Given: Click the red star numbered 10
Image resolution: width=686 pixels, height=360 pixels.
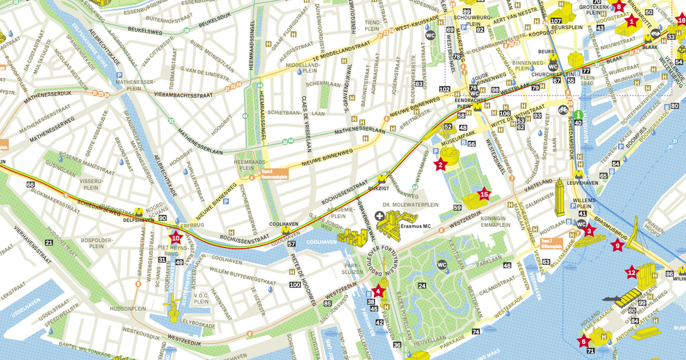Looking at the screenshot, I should coord(176,238).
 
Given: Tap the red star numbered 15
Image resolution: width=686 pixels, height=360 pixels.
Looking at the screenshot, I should coord(484,194).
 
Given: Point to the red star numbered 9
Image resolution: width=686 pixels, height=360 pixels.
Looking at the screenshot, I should coord(617,246).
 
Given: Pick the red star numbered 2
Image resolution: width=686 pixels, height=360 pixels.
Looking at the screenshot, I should coord(440,166).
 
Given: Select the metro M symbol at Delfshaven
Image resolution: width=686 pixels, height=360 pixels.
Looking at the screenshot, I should coord(139,211).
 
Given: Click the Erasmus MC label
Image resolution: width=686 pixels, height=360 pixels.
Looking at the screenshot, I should coord(415,226).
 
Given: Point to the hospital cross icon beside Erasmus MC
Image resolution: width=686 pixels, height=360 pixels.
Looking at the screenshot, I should coord(379,215).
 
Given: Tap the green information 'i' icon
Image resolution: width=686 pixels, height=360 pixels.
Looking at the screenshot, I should coord(579,114).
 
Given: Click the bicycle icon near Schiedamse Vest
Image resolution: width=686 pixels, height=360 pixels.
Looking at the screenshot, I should coord(563,109).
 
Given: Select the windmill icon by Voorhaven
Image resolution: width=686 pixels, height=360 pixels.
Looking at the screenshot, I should coord(171,303).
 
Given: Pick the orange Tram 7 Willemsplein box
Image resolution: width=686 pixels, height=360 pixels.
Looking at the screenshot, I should coord(551,245).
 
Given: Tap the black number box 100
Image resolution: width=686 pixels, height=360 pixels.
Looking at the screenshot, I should coord(295,285).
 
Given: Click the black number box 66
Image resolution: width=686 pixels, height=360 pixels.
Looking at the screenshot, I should coord(30,185).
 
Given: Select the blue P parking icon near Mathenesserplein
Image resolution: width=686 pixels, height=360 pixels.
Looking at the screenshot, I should coord(119,75).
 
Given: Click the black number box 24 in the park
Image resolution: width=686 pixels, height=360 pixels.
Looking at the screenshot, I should coord(422,286).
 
